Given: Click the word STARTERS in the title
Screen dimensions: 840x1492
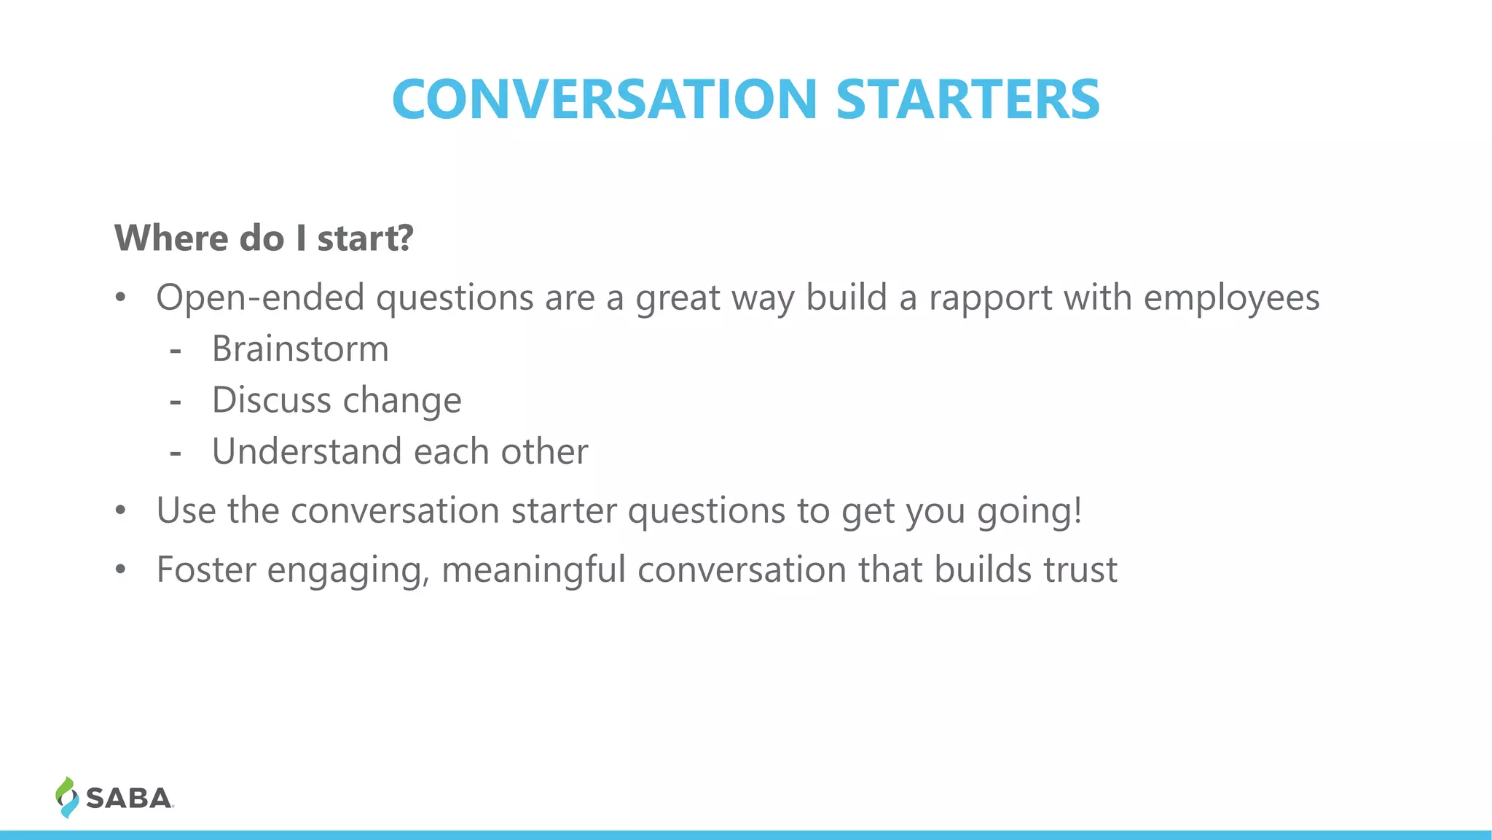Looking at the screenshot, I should (x=967, y=100).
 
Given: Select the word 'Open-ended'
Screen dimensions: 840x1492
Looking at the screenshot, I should (x=260, y=297).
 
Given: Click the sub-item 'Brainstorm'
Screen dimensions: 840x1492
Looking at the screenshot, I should (x=300, y=349).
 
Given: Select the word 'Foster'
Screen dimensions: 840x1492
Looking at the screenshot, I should (x=206, y=569).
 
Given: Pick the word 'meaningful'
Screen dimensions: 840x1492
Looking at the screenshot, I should (x=533, y=570).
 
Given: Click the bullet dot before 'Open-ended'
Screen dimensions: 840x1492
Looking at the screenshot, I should (x=121, y=297).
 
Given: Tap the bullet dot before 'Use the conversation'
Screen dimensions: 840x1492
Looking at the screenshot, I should (x=121, y=510).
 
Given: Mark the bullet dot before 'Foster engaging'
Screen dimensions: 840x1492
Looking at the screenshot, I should (x=121, y=569).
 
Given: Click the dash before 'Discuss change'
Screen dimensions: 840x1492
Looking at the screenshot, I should (x=175, y=401).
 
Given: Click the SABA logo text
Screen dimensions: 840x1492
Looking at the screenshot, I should (x=129, y=798).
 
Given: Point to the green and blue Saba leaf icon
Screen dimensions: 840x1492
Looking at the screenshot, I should (x=66, y=797).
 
